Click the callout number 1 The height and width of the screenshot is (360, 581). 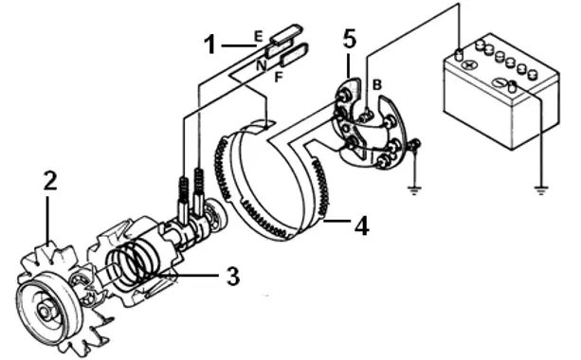[210, 45]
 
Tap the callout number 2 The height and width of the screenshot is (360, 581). [50, 181]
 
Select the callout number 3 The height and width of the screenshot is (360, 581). [233, 277]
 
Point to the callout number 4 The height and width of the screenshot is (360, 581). [362, 225]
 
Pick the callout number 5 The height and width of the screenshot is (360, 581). [350, 39]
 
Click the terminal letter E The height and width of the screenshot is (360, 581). [258, 36]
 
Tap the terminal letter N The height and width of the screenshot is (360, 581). [262, 65]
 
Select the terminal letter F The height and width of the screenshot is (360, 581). [279, 77]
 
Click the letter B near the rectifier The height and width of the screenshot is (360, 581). [376, 85]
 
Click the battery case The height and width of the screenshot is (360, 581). [501, 93]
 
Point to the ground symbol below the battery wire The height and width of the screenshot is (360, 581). [541, 190]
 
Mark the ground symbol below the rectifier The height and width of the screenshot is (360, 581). [413, 190]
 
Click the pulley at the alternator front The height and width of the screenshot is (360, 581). [47, 309]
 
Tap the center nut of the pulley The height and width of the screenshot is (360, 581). [45, 311]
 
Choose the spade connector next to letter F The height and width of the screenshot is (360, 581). [294, 54]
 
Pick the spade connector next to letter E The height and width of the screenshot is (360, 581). [286, 34]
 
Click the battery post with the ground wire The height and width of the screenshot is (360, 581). [512, 86]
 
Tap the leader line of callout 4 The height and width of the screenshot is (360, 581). [336, 221]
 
